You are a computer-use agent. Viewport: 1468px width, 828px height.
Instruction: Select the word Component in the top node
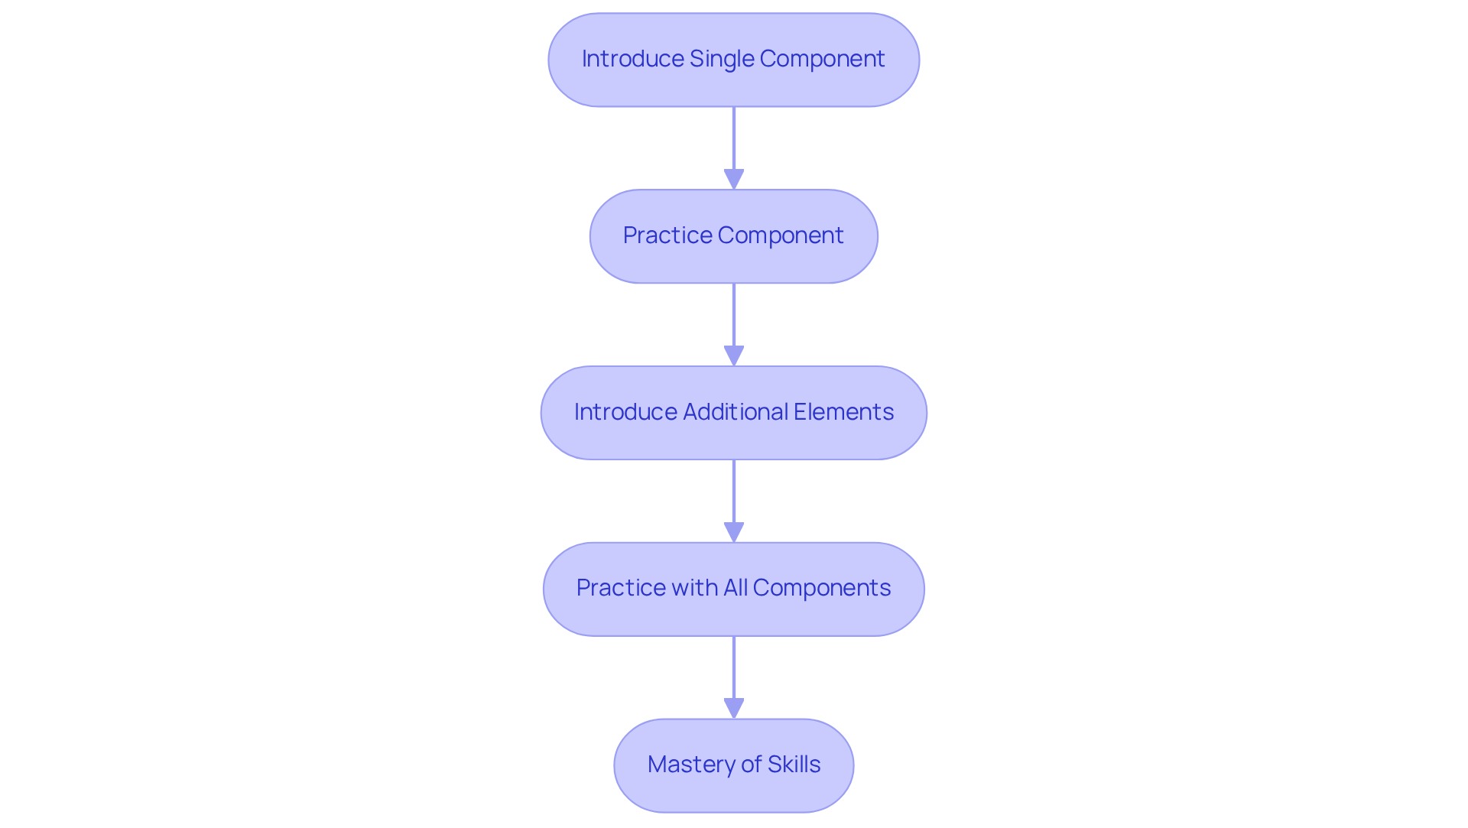822,59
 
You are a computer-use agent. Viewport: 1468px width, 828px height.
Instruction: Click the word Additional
735,412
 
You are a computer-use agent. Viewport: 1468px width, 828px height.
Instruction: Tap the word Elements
843,412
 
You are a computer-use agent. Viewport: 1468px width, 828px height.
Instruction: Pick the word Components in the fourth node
822,588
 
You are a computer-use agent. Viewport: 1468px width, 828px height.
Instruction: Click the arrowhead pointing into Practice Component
734,179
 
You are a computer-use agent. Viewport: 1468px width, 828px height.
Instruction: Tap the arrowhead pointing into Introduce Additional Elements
734,356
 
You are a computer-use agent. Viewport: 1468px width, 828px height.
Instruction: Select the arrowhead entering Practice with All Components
734,532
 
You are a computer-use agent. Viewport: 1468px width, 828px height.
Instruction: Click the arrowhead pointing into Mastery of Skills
734,708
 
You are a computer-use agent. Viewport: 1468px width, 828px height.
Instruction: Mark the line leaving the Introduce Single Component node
734,138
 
